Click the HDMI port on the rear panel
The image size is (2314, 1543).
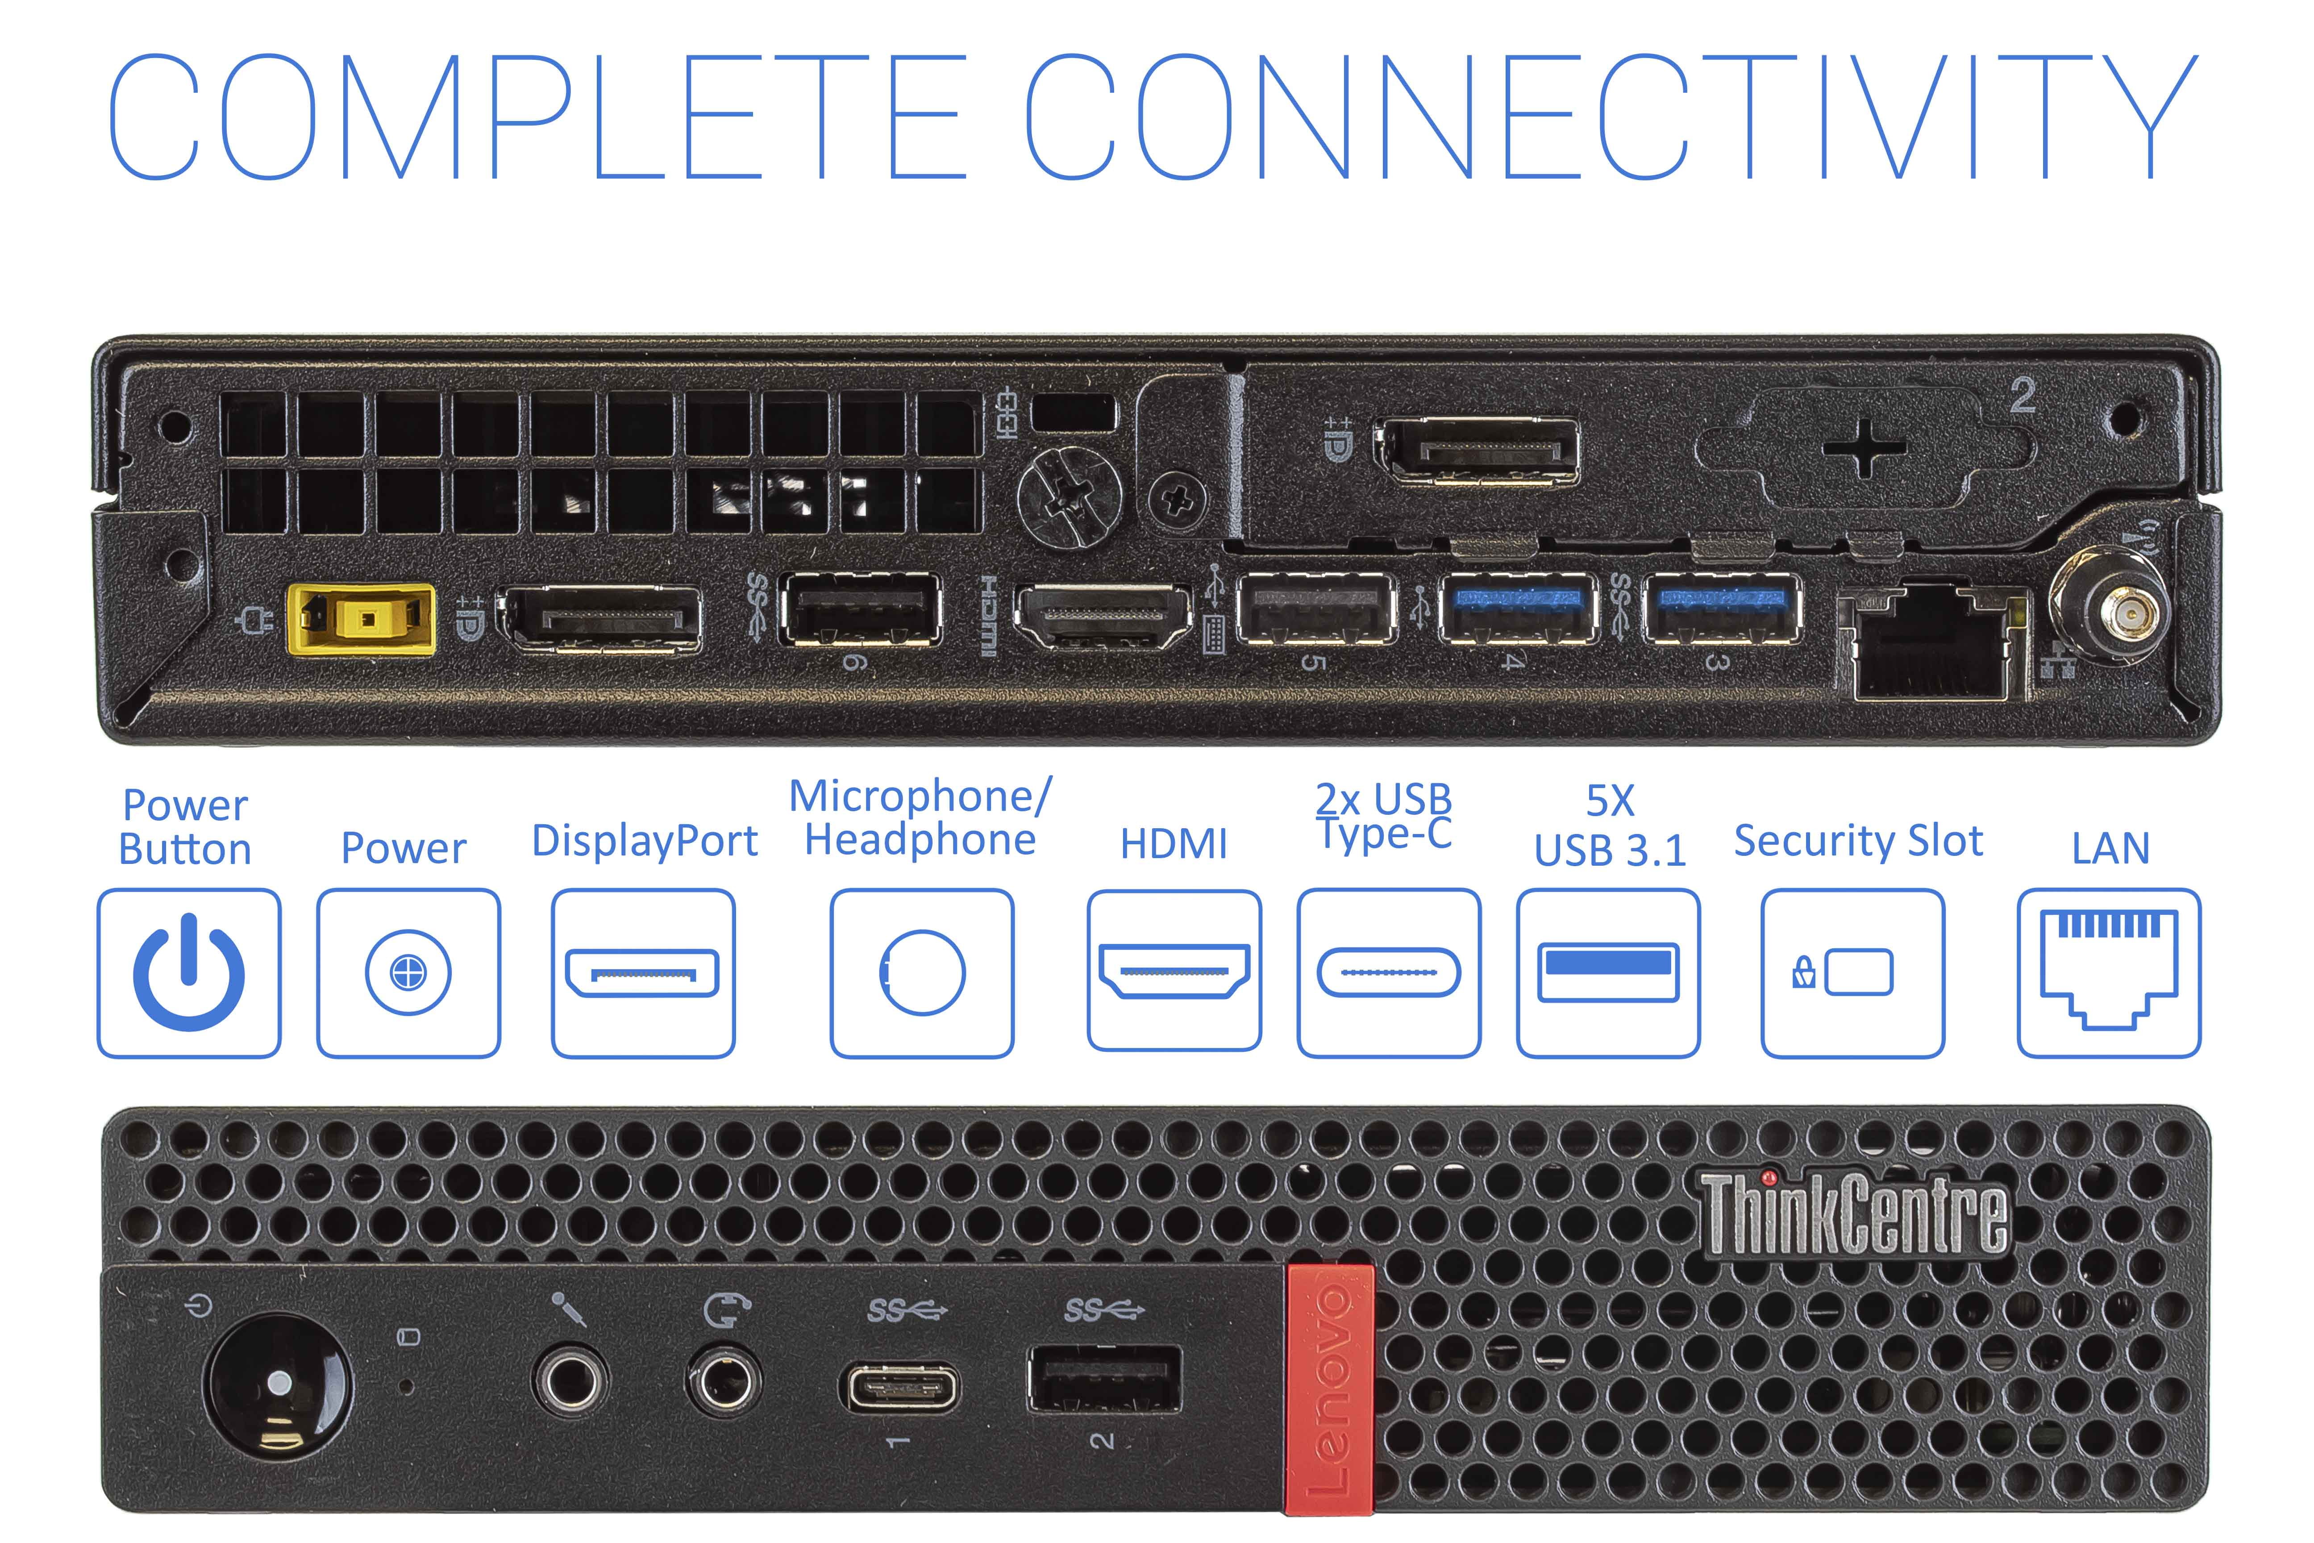(1103, 617)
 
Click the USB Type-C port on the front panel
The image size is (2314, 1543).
(898, 1388)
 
